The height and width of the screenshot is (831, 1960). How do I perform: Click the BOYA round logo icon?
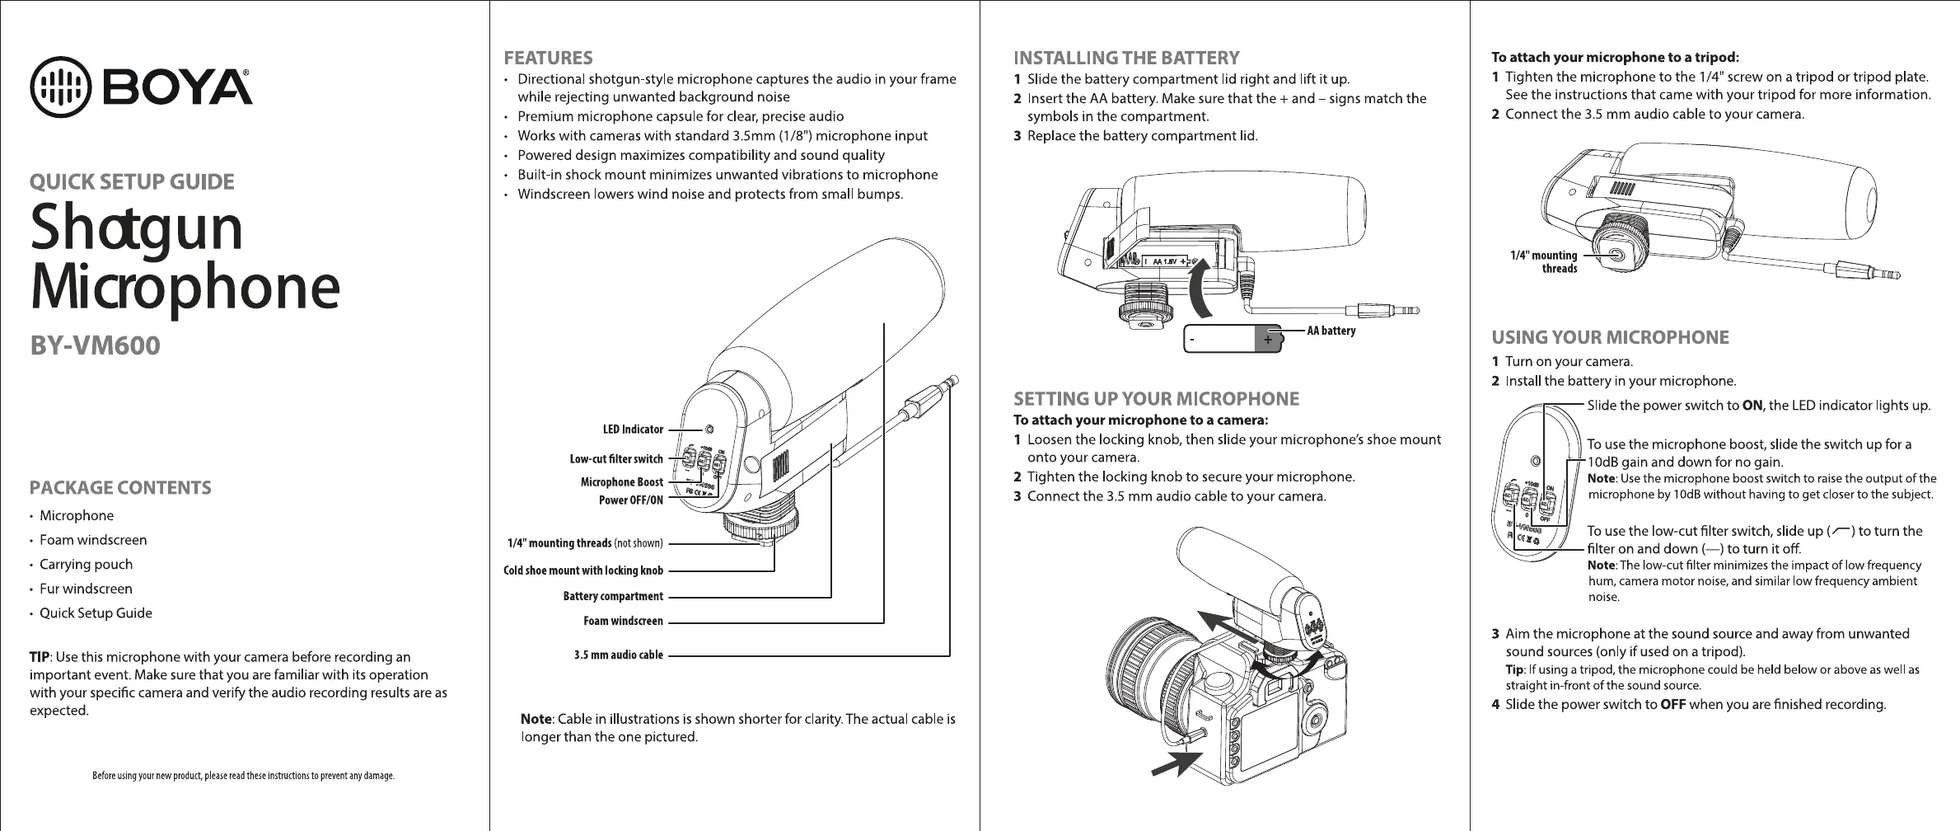(x=59, y=86)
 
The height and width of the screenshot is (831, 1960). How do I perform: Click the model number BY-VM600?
(x=95, y=346)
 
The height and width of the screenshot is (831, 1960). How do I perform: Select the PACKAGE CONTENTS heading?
(x=120, y=488)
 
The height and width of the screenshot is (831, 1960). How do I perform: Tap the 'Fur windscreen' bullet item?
(x=86, y=589)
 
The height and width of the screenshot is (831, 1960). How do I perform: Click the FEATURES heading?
(x=548, y=58)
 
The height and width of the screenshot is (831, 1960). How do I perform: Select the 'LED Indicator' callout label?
(x=633, y=430)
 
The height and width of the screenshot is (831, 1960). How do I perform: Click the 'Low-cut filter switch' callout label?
(x=616, y=459)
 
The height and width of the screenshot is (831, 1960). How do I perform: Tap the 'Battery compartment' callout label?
(x=613, y=596)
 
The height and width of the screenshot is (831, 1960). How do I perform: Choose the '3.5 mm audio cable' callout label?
(x=618, y=655)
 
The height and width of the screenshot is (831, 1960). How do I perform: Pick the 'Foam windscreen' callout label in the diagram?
(x=623, y=621)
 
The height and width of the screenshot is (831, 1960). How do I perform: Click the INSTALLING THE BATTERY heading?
(x=1126, y=58)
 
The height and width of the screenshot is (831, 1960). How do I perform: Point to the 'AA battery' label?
(x=1331, y=331)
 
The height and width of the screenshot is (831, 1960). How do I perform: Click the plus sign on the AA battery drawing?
(x=1268, y=339)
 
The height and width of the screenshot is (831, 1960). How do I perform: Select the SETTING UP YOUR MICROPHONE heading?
(x=1156, y=400)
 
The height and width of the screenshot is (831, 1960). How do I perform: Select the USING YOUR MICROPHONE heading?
(x=1610, y=337)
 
